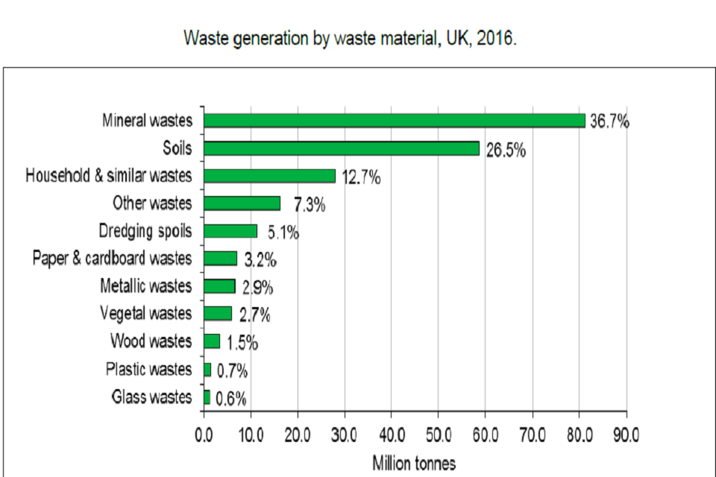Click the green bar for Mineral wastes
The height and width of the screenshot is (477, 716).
click(394, 121)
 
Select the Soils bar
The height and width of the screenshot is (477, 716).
click(341, 148)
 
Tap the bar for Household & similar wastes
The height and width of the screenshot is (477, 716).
click(269, 176)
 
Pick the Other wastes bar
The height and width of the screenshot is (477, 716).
click(242, 203)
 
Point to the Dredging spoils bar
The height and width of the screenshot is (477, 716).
click(230, 231)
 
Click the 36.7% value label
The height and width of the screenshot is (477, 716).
click(609, 121)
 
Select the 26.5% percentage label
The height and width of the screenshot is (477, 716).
click(506, 150)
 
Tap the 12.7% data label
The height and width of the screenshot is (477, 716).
click(361, 177)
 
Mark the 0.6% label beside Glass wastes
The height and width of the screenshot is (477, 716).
click(230, 399)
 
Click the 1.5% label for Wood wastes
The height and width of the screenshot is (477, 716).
click(242, 343)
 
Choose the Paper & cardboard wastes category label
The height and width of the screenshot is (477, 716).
click(112, 259)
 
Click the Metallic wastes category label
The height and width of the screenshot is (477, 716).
click(145, 286)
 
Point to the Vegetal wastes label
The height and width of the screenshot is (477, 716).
click(145, 314)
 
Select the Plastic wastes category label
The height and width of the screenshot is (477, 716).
click(148, 369)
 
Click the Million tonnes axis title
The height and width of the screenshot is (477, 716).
click(414, 463)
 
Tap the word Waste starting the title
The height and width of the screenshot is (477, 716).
click(204, 39)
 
